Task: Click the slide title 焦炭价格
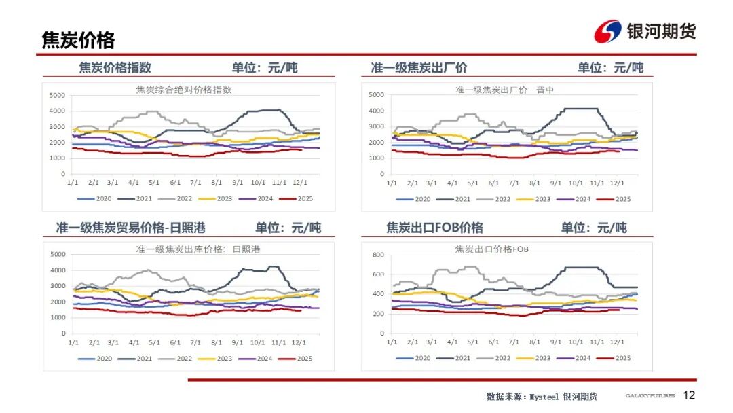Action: (x=78, y=40)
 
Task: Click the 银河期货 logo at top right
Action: (x=645, y=31)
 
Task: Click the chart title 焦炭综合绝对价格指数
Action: (x=183, y=90)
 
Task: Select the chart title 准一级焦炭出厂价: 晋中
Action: (x=504, y=90)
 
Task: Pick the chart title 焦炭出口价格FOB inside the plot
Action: (x=492, y=250)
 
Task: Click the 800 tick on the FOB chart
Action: (x=378, y=255)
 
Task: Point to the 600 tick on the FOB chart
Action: (x=378, y=274)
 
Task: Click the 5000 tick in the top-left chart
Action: (x=57, y=95)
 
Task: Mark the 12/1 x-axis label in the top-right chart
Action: (x=617, y=183)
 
